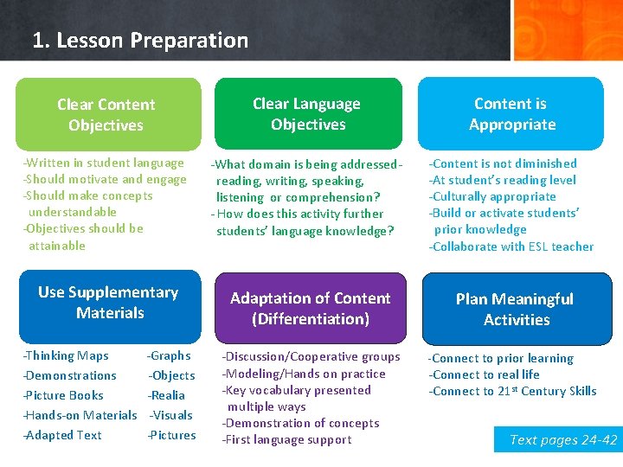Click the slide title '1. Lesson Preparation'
tap(139, 41)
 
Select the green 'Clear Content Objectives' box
tap(107, 114)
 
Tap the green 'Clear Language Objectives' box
tap(308, 113)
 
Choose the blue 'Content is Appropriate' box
tap(511, 113)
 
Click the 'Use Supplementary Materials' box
tap(109, 303)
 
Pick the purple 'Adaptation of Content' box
tap(310, 308)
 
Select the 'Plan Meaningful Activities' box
tap(516, 309)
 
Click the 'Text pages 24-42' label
tap(563, 440)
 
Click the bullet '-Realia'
tap(166, 395)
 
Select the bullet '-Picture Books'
tap(63, 395)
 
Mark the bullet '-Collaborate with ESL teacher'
tap(511, 246)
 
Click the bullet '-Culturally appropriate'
tap(492, 196)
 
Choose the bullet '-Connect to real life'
tap(485, 374)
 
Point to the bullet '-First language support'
tap(286, 439)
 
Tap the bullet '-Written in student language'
tap(103, 163)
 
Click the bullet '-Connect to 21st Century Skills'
tap(513, 391)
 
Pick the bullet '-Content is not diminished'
tap(503, 163)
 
